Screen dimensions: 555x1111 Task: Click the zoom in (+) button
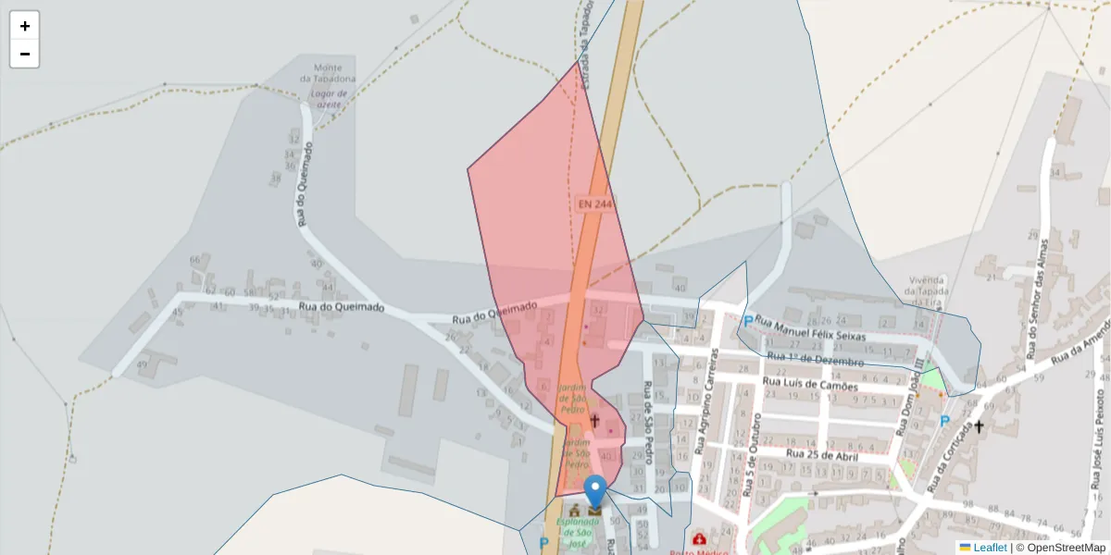pyautogui.click(x=25, y=26)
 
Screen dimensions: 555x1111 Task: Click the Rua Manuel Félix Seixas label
pyautogui.click(x=810, y=329)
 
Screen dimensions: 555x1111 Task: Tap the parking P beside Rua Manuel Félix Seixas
pyautogui.click(x=747, y=322)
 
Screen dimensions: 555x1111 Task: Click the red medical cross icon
pyautogui.click(x=699, y=538)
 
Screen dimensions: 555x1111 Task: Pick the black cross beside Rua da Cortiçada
pyautogui.click(x=980, y=427)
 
